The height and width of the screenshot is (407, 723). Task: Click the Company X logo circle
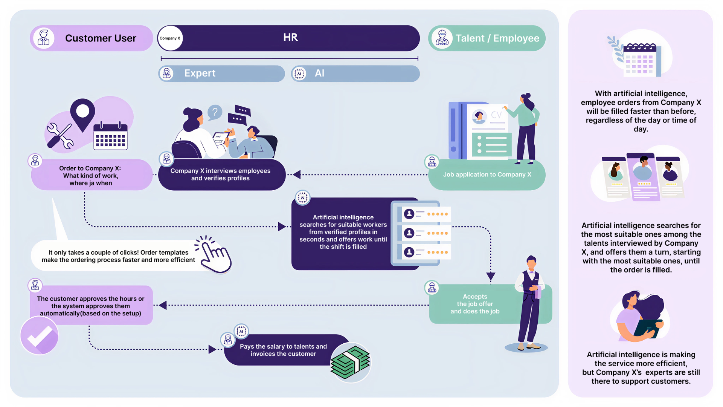coord(170,38)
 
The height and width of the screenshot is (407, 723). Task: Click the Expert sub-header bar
coord(221,73)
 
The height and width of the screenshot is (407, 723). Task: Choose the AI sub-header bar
coord(355,73)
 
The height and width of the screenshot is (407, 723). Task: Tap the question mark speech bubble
coord(215,112)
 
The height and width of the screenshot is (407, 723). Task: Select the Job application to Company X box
coord(487,174)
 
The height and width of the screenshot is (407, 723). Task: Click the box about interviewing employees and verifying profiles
coord(222,174)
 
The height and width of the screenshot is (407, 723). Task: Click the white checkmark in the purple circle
coord(40,336)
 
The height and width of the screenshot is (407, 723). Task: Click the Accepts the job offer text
coord(475,304)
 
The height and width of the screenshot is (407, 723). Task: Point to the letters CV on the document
coord(496,115)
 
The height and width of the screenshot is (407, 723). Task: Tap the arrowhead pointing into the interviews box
coord(297,174)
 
